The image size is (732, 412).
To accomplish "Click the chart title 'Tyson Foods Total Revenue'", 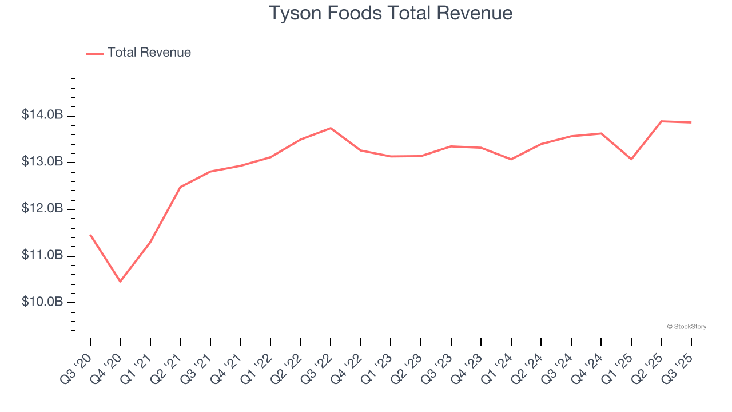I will click(x=390, y=13).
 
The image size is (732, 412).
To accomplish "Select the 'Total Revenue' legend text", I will click(x=149, y=53).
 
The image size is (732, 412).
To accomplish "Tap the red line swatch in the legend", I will click(x=94, y=53).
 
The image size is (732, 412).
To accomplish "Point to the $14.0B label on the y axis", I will click(x=42, y=116).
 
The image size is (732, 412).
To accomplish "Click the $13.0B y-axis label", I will click(x=42, y=162).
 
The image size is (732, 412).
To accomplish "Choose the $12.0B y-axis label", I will click(x=42, y=209).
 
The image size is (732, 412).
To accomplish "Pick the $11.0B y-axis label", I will click(x=42, y=255).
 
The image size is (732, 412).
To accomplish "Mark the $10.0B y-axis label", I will click(x=42, y=302).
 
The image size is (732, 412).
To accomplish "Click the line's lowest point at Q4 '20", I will click(x=120, y=282).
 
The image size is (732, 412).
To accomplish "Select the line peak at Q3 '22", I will click(x=331, y=128).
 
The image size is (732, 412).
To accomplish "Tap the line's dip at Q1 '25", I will click(x=631, y=159).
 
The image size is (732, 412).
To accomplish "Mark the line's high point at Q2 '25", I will click(x=662, y=121).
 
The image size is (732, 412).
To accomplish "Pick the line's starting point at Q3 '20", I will click(x=90, y=235).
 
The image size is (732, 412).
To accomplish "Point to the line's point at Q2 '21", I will click(x=180, y=187).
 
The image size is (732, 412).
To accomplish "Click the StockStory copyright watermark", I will click(x=686, y=327).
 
